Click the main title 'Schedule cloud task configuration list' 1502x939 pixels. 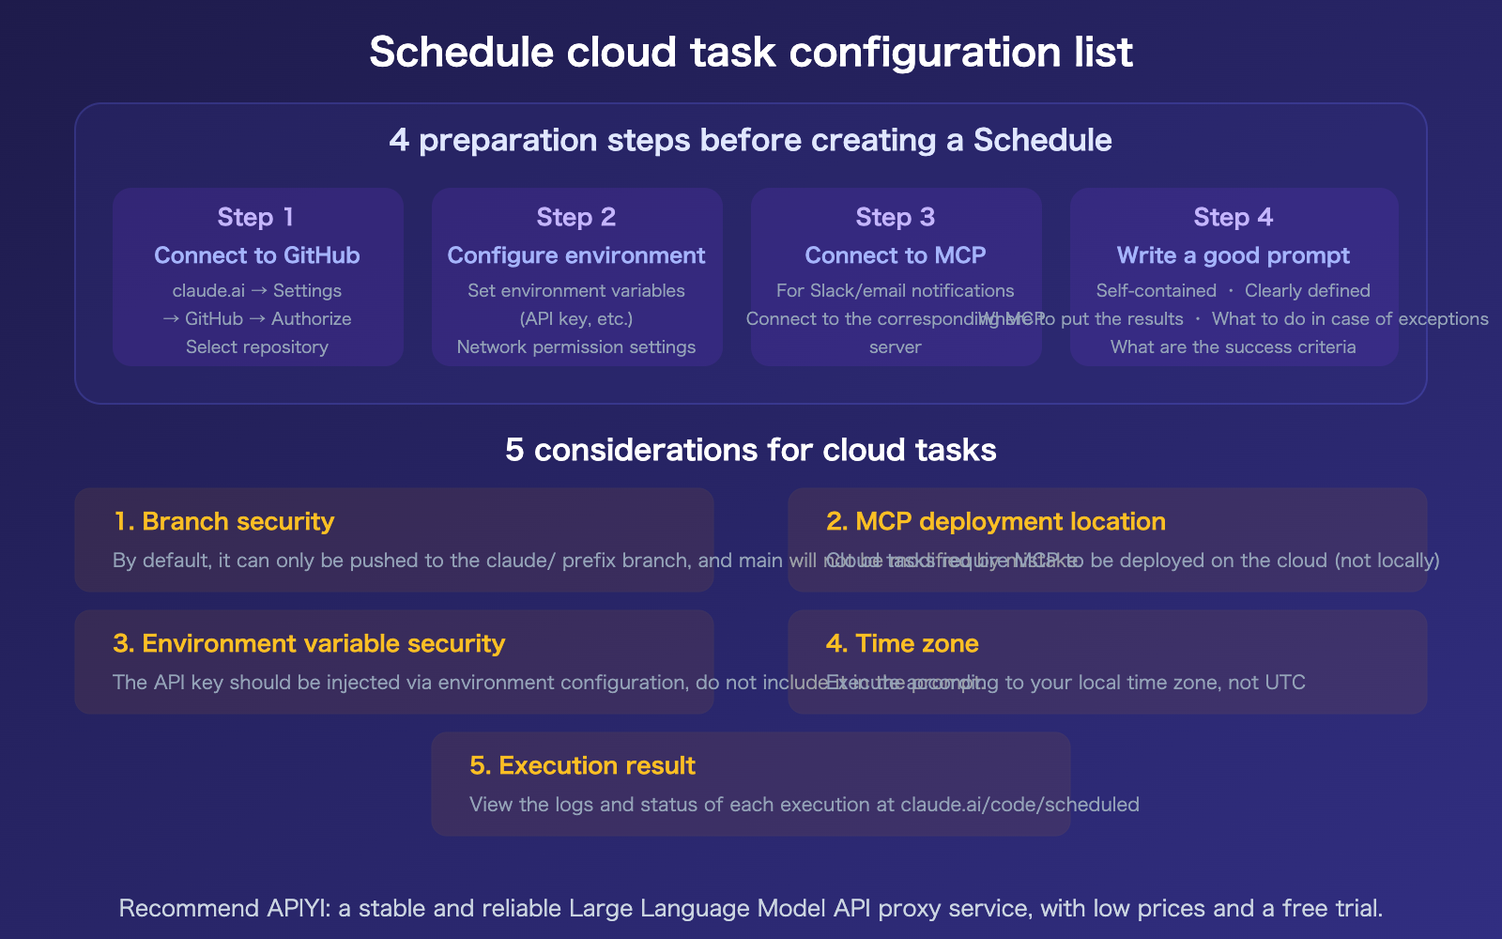point(751,53)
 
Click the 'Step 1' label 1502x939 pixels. point(256,217)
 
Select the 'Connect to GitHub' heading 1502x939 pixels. point(256,255)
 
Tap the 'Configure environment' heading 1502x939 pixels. point(575,255)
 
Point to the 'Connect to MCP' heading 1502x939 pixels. point(895,255)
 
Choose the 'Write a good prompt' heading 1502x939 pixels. point(1233,255)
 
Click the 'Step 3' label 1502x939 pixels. point(895,217)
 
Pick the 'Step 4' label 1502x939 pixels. point(1233,217)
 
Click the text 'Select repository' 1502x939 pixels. point(256,346)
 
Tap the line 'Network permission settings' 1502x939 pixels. point(575,346)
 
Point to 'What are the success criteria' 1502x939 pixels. point(1233,346)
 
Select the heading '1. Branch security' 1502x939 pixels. point(223,521)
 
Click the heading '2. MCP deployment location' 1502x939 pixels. point(995,521)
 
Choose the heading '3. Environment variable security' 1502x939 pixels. point(309,643)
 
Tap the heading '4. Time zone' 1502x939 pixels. point(901,643)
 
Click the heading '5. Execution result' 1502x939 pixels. point(582,765)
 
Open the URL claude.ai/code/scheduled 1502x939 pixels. point(1019,805)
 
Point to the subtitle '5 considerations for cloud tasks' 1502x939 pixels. point(751,450)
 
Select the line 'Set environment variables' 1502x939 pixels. point(575,291)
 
